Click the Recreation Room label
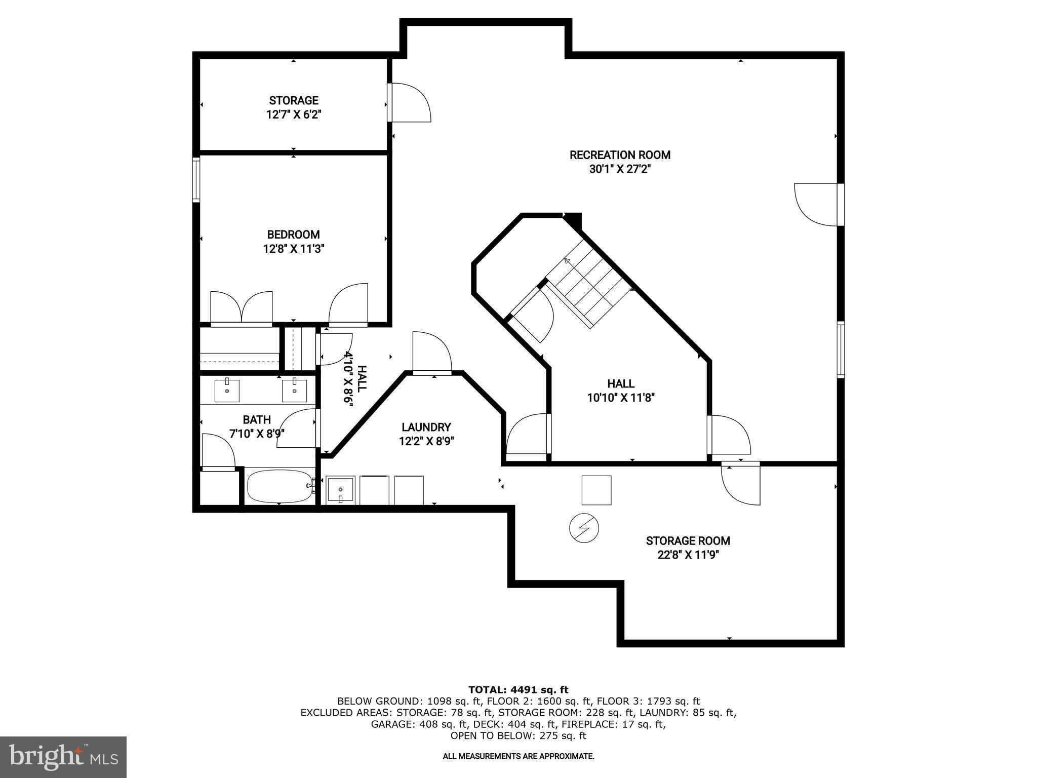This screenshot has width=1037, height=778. [x=620, y=155]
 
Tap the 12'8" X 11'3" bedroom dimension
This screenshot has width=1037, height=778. [x=293, y=249]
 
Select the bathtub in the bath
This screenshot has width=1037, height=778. [x=280, y=486]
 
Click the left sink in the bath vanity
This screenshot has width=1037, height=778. [x=227, y=391]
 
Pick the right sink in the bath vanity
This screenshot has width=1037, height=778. [x=294, y=391]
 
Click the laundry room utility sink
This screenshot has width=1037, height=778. [x=340, y=490]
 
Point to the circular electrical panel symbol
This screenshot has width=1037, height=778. [x=584, y=528]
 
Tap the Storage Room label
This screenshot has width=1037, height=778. [x=688, y=541]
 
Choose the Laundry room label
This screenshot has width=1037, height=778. [x=426, y=427]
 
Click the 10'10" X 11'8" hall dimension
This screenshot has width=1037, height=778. [x=621, y=398]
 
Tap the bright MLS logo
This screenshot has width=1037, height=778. [x=63, y=757]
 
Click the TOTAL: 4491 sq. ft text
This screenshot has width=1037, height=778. [x=518, y=689]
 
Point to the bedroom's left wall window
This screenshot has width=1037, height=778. [x=196, y=180]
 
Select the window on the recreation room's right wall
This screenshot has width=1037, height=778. [x=841, y=349]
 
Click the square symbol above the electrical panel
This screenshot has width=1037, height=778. [x=596, y=490]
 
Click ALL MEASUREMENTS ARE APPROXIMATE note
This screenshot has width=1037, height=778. [x=518, y=756]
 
